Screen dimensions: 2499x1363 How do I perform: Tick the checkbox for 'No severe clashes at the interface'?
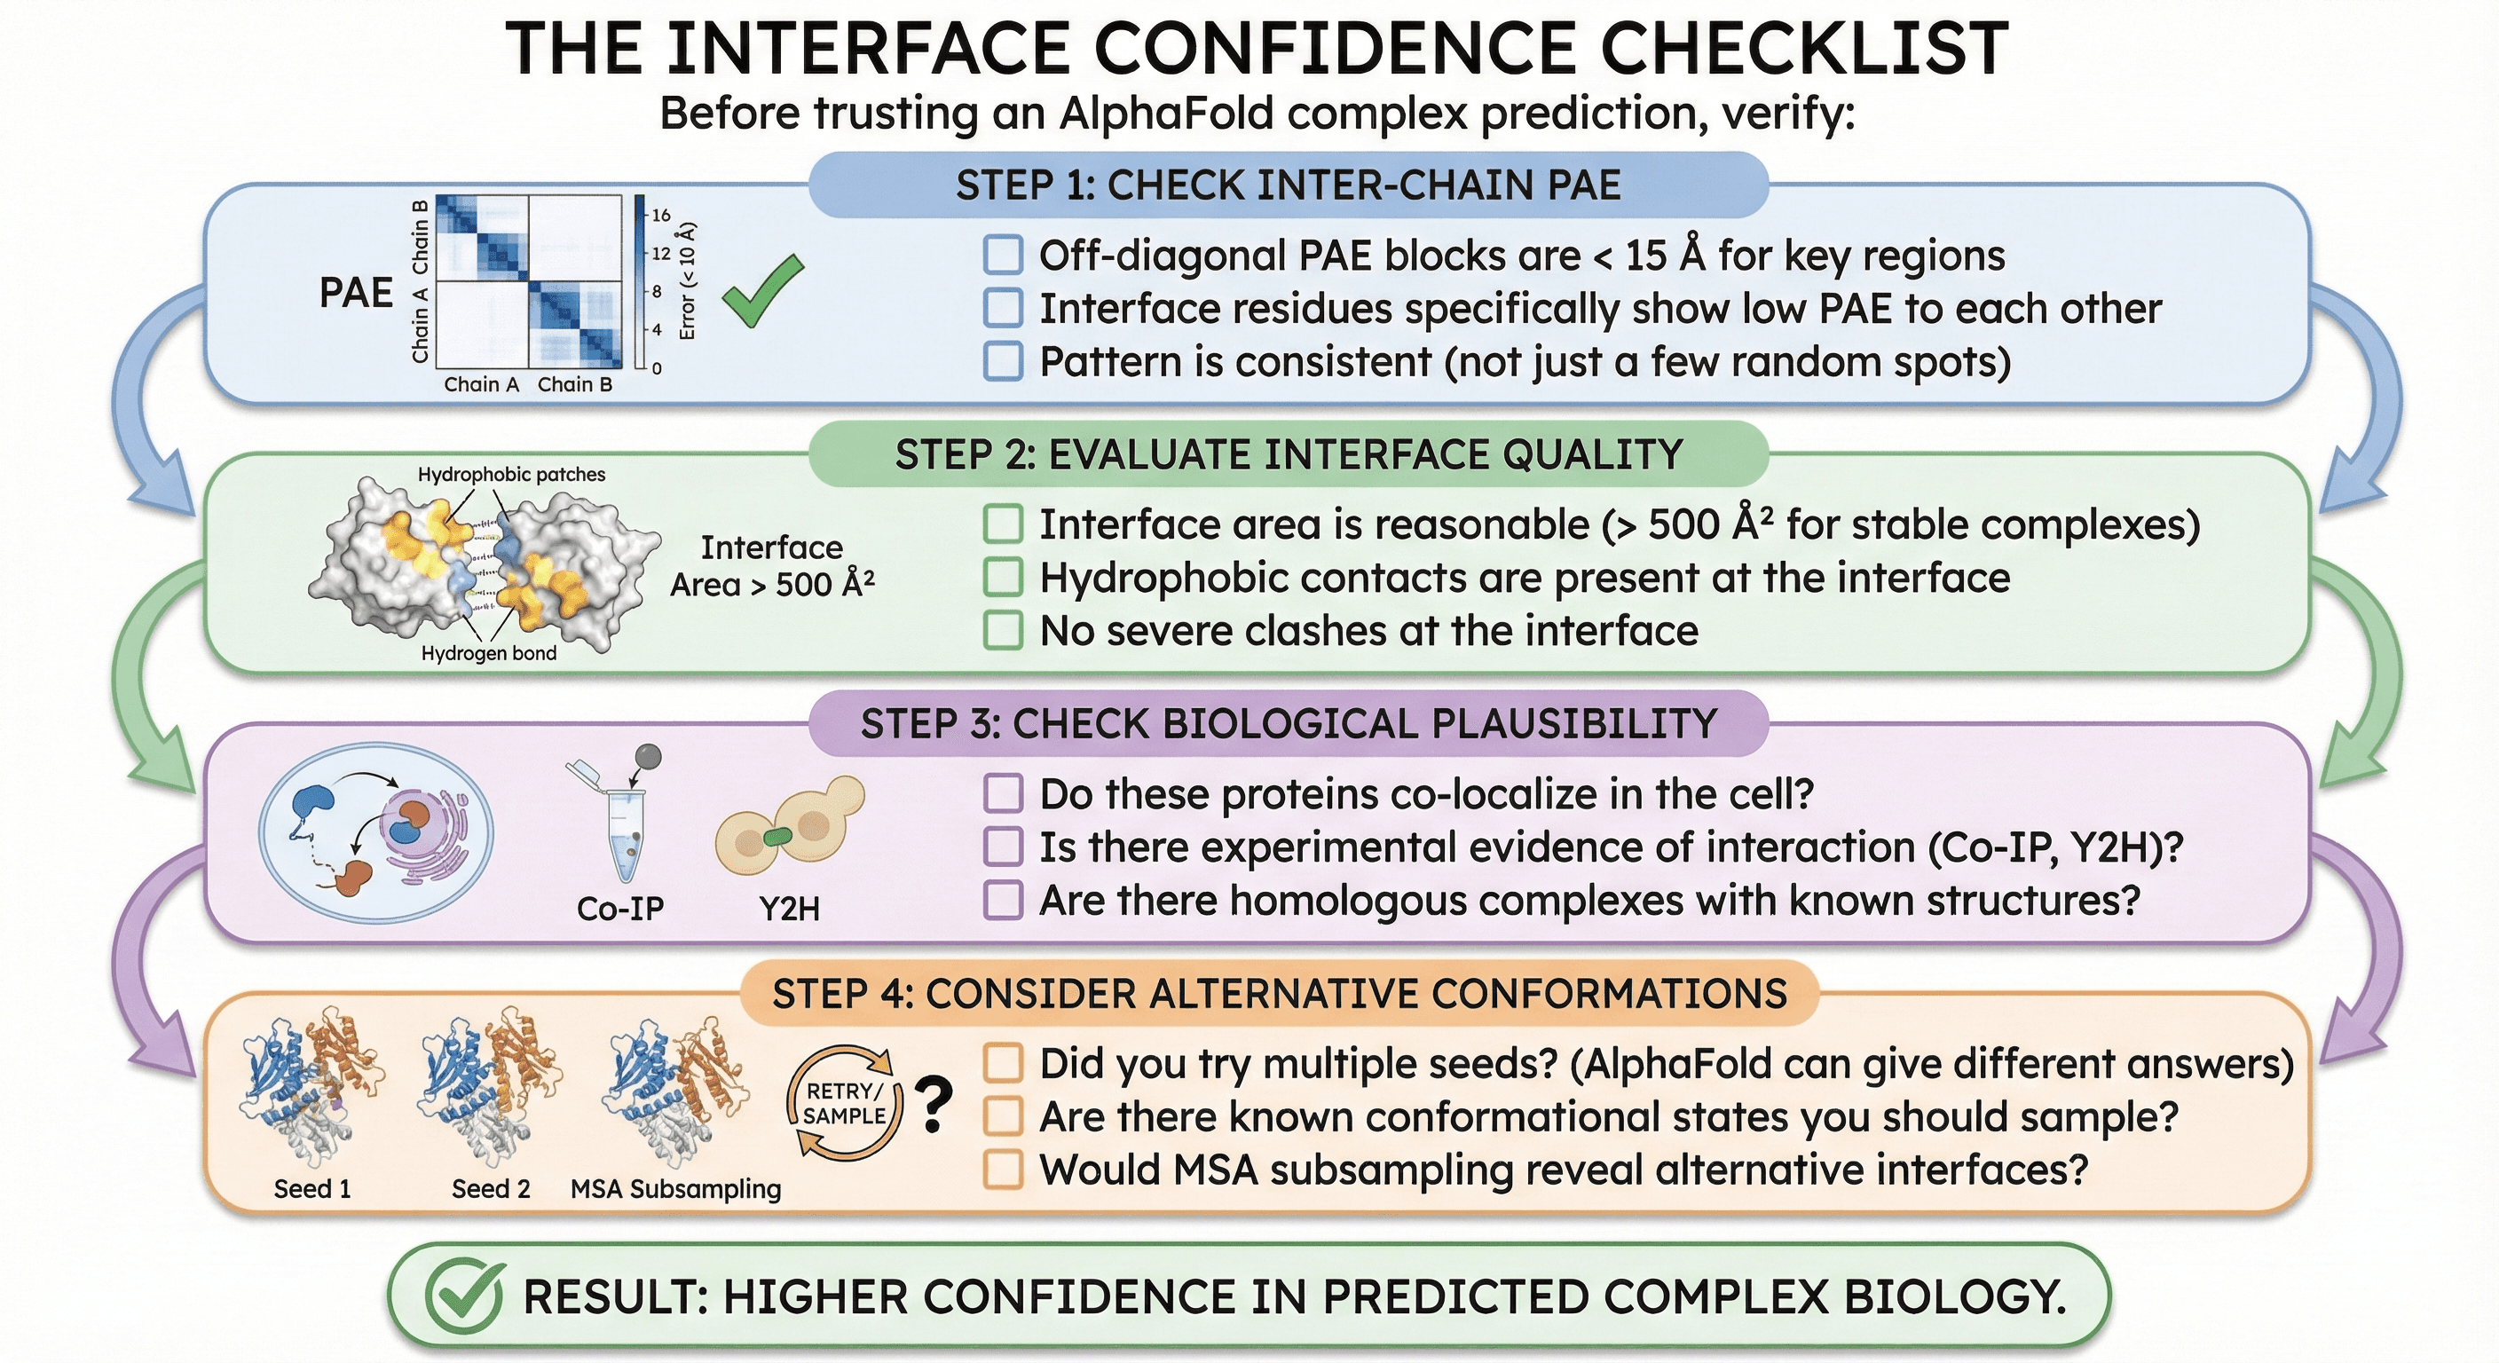coord(1003,631)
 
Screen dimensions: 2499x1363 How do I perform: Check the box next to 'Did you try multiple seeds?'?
coord(1003,1063)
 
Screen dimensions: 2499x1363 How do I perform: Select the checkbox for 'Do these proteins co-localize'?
coord(1003,793)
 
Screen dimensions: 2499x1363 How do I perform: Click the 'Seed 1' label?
coord(312,1188)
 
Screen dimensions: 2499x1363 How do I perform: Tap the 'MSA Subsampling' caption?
coord(675,1189)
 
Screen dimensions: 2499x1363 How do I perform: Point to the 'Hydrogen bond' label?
coord(489,653)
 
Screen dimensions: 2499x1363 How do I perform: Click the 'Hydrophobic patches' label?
coord(511,475)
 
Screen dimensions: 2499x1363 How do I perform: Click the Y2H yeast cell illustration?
coord(790,824)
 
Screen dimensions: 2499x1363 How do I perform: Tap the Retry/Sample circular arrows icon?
coord(844,1103)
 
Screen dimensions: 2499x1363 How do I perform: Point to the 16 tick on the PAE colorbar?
coord(660,216)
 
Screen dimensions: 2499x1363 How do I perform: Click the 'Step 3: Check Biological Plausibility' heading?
coord(1289,725)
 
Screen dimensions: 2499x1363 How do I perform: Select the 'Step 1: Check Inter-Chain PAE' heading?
coord(1289,185)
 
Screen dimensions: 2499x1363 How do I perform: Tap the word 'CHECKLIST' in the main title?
coord(1804,49)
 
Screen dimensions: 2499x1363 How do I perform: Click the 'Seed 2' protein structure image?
coord(489,1086)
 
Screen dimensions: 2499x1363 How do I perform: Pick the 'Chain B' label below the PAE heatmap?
coord(575,384)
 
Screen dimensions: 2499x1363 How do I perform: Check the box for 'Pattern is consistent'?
coord(1003,361)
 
